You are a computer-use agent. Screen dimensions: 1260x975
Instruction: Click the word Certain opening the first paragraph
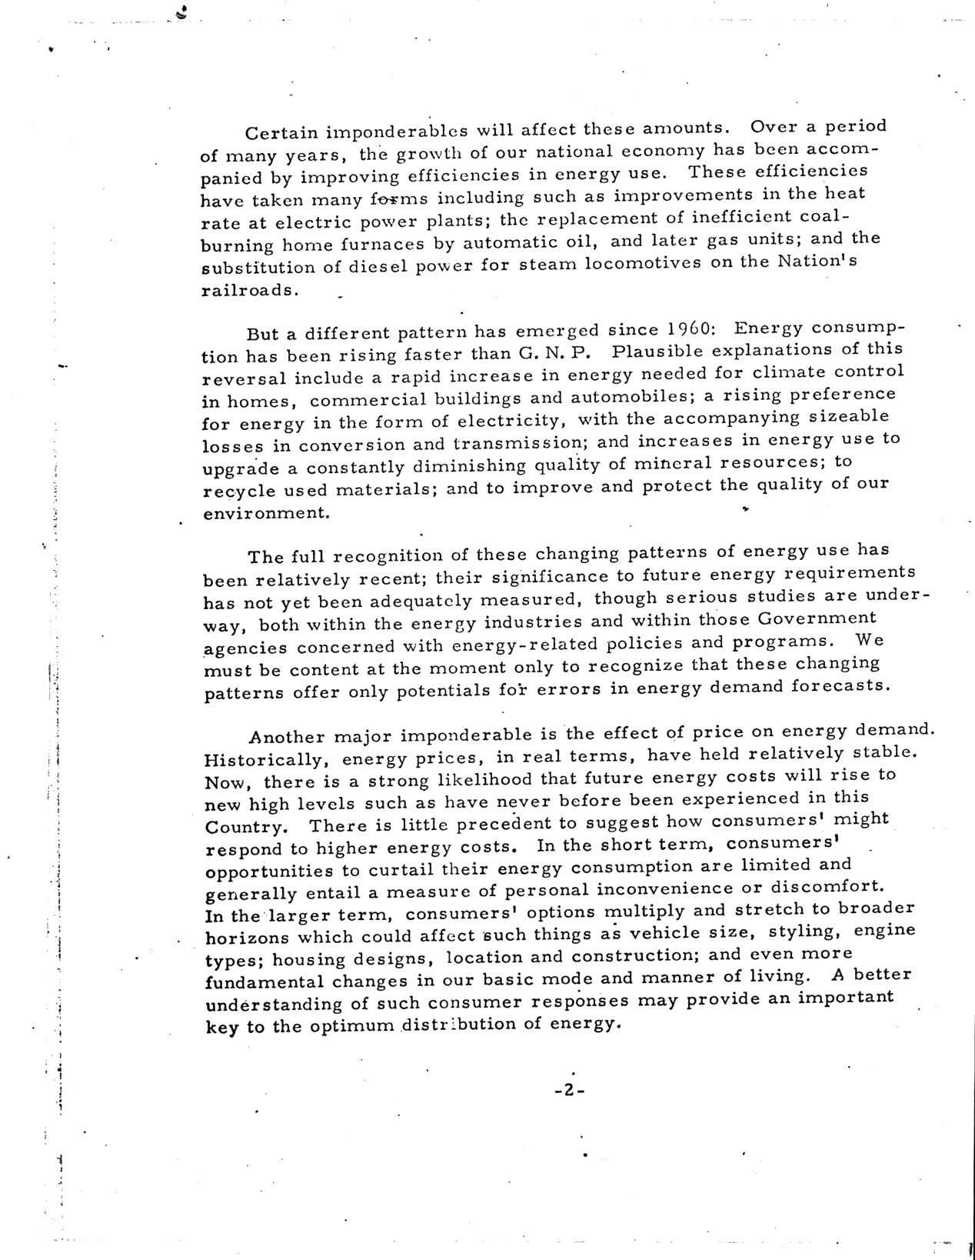[278, 133]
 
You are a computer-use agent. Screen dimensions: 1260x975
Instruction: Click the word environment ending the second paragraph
[267, 512]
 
